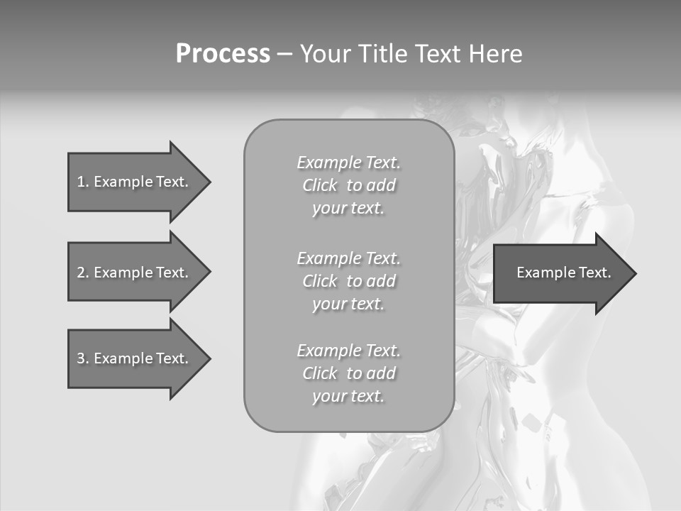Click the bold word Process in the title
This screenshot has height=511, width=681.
(223, 54)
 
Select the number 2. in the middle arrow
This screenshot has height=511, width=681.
(83, 273)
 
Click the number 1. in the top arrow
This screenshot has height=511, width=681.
(83, 182)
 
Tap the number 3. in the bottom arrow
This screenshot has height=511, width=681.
(83, 359)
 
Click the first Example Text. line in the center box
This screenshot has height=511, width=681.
(348, 163)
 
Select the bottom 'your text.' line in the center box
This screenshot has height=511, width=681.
(348, 396)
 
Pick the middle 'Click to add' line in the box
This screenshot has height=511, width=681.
(348, 281)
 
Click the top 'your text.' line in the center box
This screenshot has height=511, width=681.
(348, 209)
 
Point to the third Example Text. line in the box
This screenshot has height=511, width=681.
(348, 351)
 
